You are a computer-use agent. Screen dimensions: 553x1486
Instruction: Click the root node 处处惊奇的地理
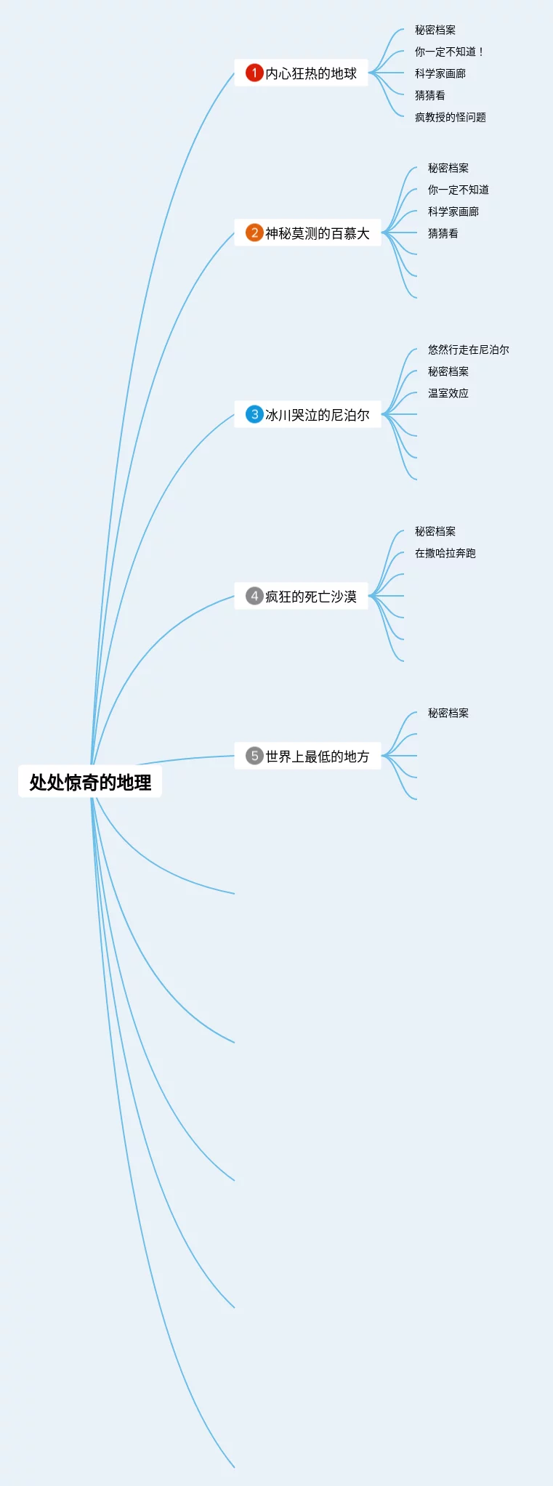[x=90, y=782]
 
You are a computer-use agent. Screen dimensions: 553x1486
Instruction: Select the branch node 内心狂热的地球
[x=310, y=73]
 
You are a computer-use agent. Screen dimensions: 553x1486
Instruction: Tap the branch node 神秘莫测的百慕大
[x=317, y=233]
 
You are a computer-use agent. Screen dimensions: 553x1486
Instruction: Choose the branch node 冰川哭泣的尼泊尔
[x=317, y=415]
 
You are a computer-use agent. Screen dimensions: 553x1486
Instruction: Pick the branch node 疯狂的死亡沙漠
[x=310, y=597]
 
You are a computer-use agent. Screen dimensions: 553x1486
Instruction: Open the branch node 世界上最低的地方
[x=317, y=756]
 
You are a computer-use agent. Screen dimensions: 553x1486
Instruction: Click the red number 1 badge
[x=254, y=73]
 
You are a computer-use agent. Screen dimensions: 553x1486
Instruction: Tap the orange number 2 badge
[x=254, y=233]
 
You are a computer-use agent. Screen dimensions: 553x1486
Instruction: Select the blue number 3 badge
[x=254, y=414]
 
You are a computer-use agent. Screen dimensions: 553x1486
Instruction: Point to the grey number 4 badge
[x=254, y=596]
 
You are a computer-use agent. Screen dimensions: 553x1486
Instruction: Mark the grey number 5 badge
[x=254, y=756]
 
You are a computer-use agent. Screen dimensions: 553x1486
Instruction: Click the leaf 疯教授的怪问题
[x=450, y=117]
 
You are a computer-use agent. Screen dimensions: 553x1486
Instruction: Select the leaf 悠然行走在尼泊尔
[x=468, y=350]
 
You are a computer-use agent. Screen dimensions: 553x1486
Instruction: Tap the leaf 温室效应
[x=448, y=393]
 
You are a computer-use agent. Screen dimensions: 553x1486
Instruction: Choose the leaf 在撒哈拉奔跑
[x=445, y=553]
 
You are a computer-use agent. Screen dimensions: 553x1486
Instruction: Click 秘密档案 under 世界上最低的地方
[x=448, y=713]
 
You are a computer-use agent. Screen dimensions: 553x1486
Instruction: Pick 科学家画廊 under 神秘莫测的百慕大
[x=453, y=211]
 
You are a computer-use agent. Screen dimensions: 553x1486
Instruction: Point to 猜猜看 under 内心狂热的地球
[x=429, y=95]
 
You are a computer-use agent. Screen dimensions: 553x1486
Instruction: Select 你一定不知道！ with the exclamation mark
[x=448, y=52]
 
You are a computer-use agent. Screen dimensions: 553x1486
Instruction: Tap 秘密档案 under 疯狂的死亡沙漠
[x=435, y=531]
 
